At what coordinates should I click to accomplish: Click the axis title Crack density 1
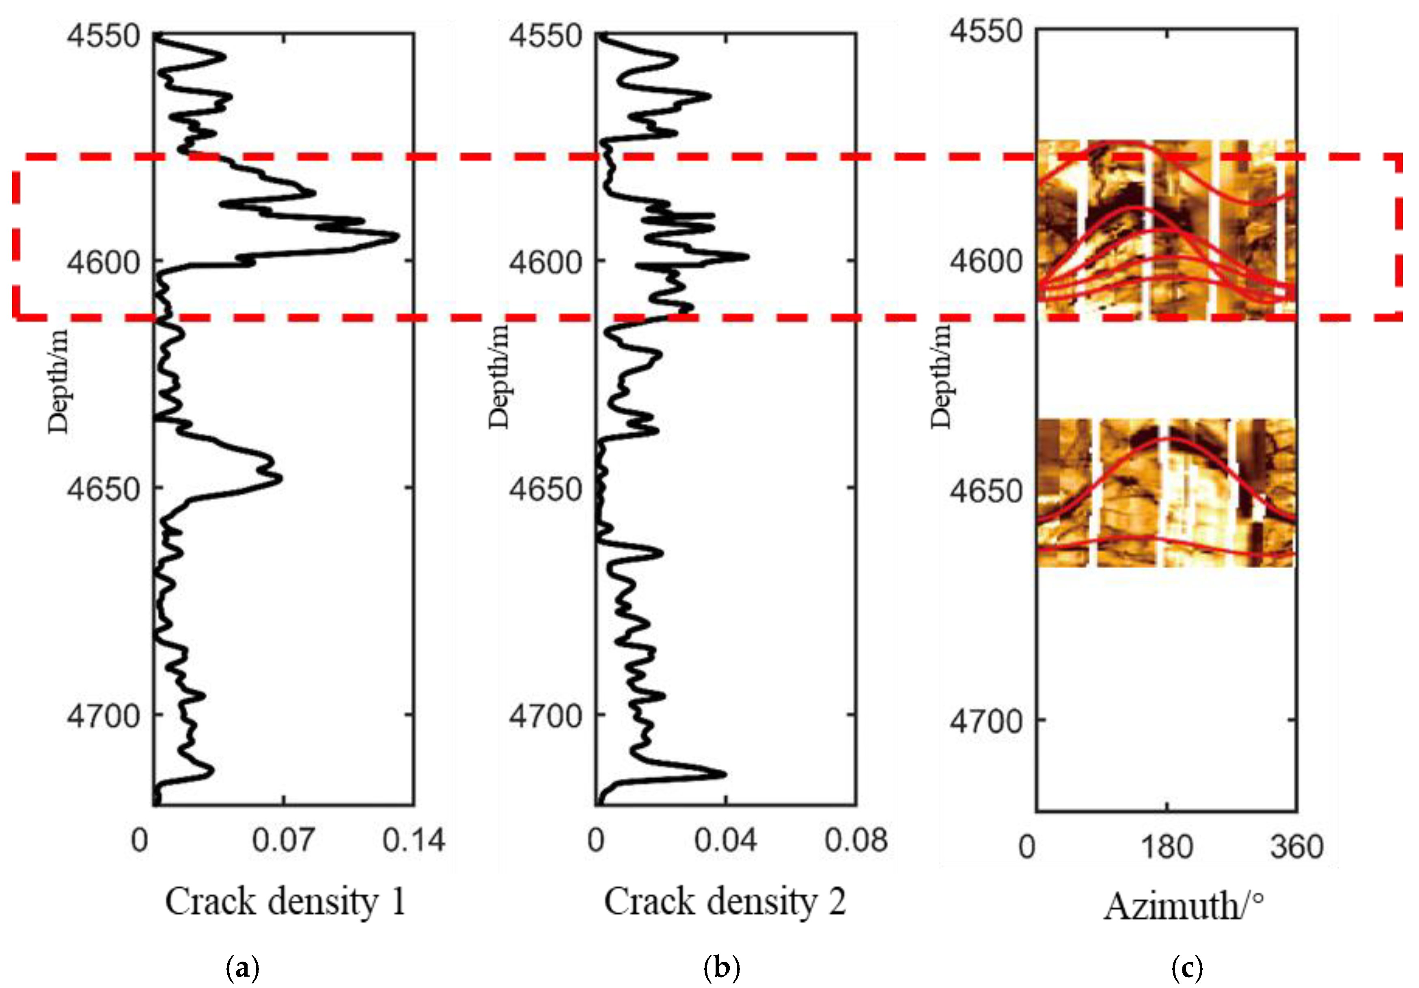click(x=285, y=902)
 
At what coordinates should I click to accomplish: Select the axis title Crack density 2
click(x=725, y=902)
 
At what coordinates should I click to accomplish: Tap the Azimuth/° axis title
click(x=1183, y=908)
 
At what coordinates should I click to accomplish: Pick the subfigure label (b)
click(x=722, y=968)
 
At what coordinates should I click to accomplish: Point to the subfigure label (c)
click(x=1186, y=968)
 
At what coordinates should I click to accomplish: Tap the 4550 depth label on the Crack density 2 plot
click(x=545, y=35)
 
